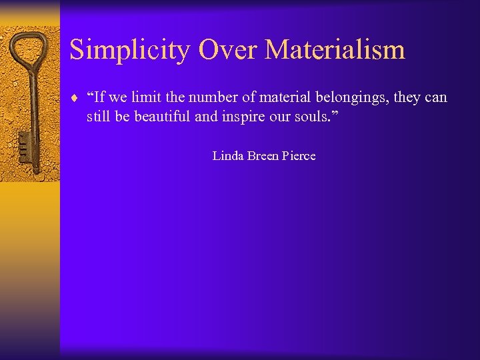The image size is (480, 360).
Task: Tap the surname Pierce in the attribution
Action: [x=300, y=156]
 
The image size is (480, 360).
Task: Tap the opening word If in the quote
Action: [x=97, y=97]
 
